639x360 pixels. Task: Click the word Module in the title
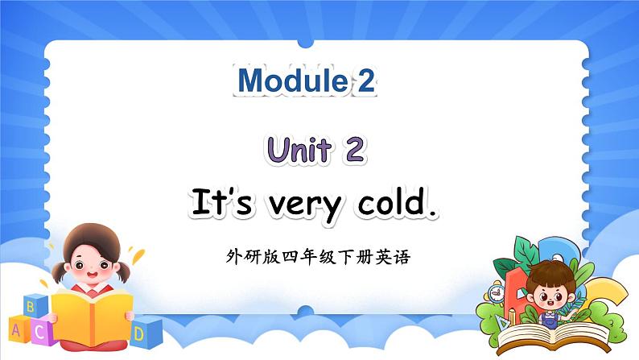pos(292,81)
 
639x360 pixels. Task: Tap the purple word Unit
pos(299,150)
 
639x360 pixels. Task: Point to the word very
pos(305,207)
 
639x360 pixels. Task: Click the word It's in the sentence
pos(221,201)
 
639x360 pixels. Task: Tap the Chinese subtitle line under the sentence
pos(318,257)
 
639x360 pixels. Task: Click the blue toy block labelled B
pos(35,306)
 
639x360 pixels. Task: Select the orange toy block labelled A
pos(18,329)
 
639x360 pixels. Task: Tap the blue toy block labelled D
pos(146,333)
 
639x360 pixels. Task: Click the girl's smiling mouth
pos(92,275)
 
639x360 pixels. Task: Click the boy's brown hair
pos(550,272)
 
